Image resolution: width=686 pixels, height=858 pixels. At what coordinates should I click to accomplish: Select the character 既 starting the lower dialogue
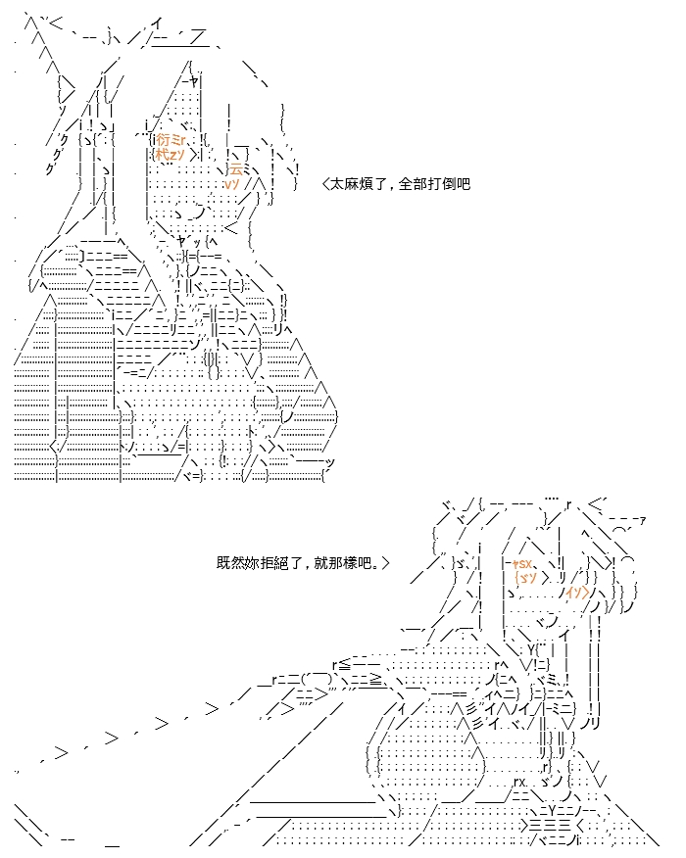pyautogui.click(x=222, y=563)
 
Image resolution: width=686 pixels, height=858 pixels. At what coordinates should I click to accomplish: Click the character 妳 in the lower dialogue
pyautogui.click(x=248, y=563)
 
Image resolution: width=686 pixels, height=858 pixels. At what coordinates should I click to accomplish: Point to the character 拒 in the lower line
pyautogui.click(x=261, y=563)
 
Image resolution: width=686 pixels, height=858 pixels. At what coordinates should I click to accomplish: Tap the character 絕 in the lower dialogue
pyautogui.click(x=273, y=563)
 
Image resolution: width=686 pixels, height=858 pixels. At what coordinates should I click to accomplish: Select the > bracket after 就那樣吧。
pyautogui.click(x=386, y=563)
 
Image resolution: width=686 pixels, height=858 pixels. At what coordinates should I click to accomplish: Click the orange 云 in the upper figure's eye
pyautogui.click(x=235, y=168)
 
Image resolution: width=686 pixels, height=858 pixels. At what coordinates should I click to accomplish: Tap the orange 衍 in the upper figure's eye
pyautogui.click(x=163, y=139)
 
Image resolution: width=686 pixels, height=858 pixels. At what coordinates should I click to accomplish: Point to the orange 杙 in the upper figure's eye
pyautogui.click(x=162, y=154)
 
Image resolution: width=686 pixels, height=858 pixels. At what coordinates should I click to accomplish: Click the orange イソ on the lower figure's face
pyautogui.click(x=575, y=592)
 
